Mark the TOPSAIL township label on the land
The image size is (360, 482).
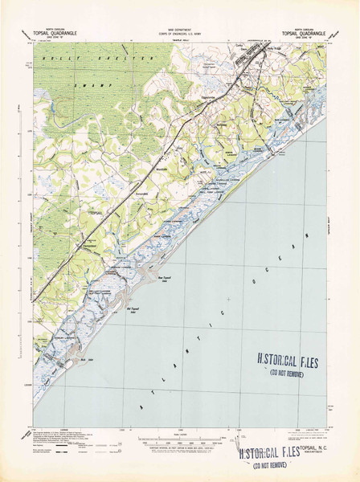(x=96, y=212)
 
